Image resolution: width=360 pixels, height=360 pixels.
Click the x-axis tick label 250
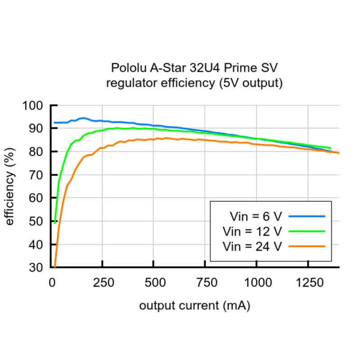tap(102, 283)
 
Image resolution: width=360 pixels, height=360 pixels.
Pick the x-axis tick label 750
tap(205, 283)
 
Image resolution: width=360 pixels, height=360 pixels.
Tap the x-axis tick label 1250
tap(308, 283)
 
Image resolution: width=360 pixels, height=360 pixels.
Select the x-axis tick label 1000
tap(256, 283)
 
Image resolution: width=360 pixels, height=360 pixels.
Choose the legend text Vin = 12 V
tap(252, 231)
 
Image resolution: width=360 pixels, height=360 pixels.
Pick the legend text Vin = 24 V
tap(252, 246)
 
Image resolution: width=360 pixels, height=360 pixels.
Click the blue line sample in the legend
tap(306, 216)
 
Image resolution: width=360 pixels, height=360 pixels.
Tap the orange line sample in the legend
tap(306, 246)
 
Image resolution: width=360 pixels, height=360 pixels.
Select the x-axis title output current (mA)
tap(194, 306)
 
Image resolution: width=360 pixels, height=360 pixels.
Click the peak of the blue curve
tap(82, 118)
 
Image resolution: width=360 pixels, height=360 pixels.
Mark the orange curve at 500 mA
tap(153, 139)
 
